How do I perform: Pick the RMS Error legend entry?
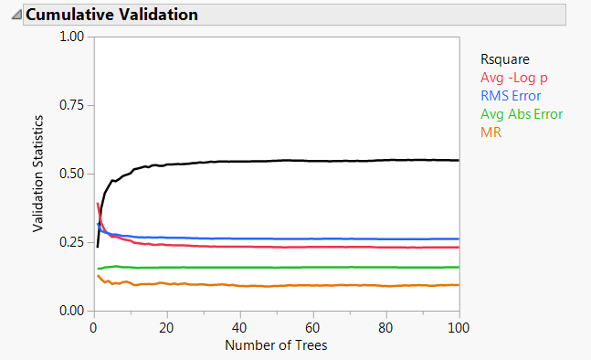[511, 96]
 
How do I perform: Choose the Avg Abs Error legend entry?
[522, 114]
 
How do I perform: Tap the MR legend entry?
[491, 132]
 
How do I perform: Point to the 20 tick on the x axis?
[166, 326]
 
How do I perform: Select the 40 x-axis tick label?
[239, 326]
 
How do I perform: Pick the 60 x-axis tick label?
[312, 326]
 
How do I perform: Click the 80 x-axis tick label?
[385, 326]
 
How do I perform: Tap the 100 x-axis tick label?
[458, 326]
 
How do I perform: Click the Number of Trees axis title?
[275, 345]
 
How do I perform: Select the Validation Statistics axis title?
[38, 174]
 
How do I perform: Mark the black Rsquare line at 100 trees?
[458, 160]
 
